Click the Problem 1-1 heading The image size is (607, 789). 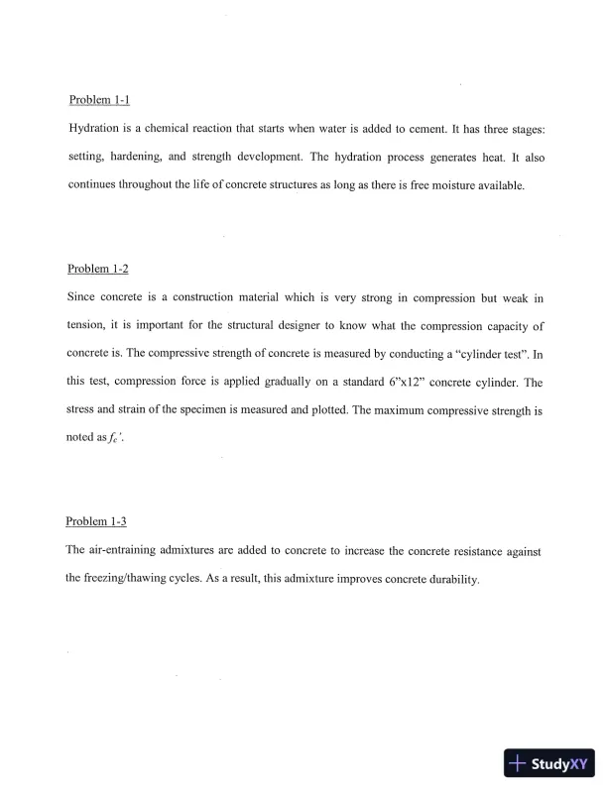[x=99, y=101]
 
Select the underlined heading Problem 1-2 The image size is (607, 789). [x=98, y=269]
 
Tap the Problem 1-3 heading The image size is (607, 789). [x=96, y=521]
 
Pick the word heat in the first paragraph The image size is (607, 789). [x=491, y=158]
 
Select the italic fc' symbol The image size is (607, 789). [x=119, y=437]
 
